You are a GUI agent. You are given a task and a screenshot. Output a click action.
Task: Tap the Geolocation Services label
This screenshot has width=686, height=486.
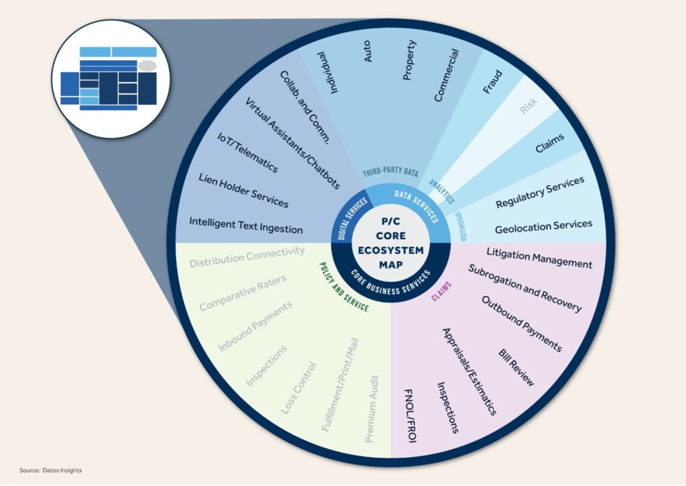tap(543, 227)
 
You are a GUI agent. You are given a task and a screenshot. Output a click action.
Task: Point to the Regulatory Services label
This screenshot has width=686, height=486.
tap(540, 191)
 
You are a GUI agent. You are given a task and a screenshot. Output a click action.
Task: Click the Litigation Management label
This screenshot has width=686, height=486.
tap(539, 258)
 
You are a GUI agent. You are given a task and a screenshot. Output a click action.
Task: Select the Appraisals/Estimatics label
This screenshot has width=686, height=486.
tap(469, 372)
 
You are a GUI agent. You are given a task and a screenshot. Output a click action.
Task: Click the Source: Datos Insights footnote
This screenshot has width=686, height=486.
tap(51, 470)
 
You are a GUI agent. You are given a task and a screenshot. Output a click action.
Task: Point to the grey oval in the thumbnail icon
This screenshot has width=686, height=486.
tap(147, 66)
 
